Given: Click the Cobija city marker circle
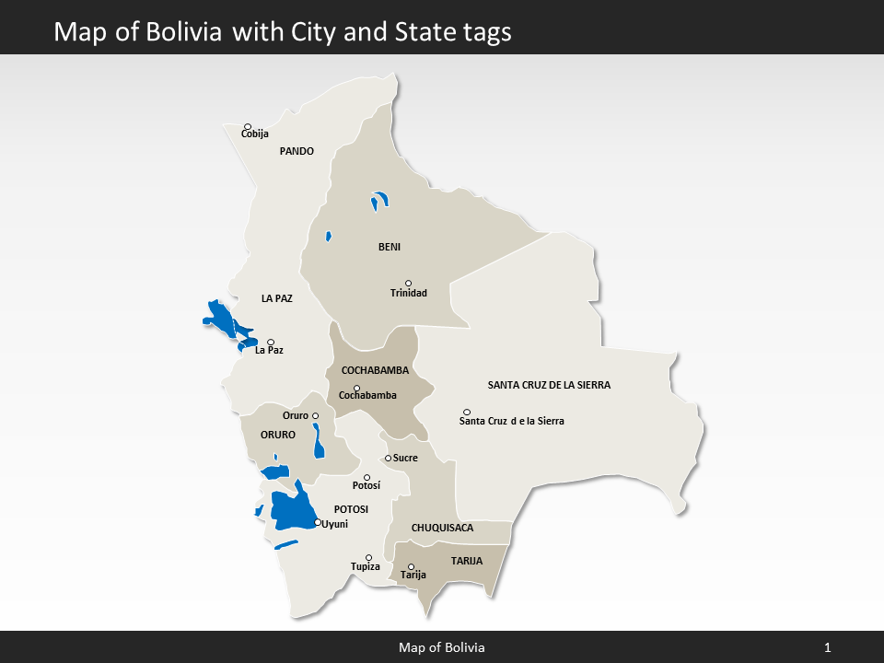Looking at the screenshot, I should coord(248,127).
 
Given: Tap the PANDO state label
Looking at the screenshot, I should coord(297,151).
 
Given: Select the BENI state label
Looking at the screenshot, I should coord(390,247).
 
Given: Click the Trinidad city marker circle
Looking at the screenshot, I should coord(408,284).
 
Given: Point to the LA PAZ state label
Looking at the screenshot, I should coord(276,298).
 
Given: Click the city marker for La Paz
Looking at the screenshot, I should coord(271,342).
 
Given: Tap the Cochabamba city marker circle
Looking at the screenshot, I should coord(356,389).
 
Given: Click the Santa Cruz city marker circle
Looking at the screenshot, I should coord(467,412).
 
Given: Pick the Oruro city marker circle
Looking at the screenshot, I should coord(315,416).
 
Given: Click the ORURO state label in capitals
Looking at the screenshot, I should coord(278,435).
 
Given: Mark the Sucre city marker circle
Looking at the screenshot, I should coord(388,458).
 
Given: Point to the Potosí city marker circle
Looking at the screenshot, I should coord(366,477).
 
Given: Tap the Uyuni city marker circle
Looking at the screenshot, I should coord(318,522).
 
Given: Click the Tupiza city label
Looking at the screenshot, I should coord(365,566).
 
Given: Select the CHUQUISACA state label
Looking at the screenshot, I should coord(442,528).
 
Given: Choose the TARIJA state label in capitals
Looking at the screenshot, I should coord(467,560).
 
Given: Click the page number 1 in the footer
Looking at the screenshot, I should coord(828,647).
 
